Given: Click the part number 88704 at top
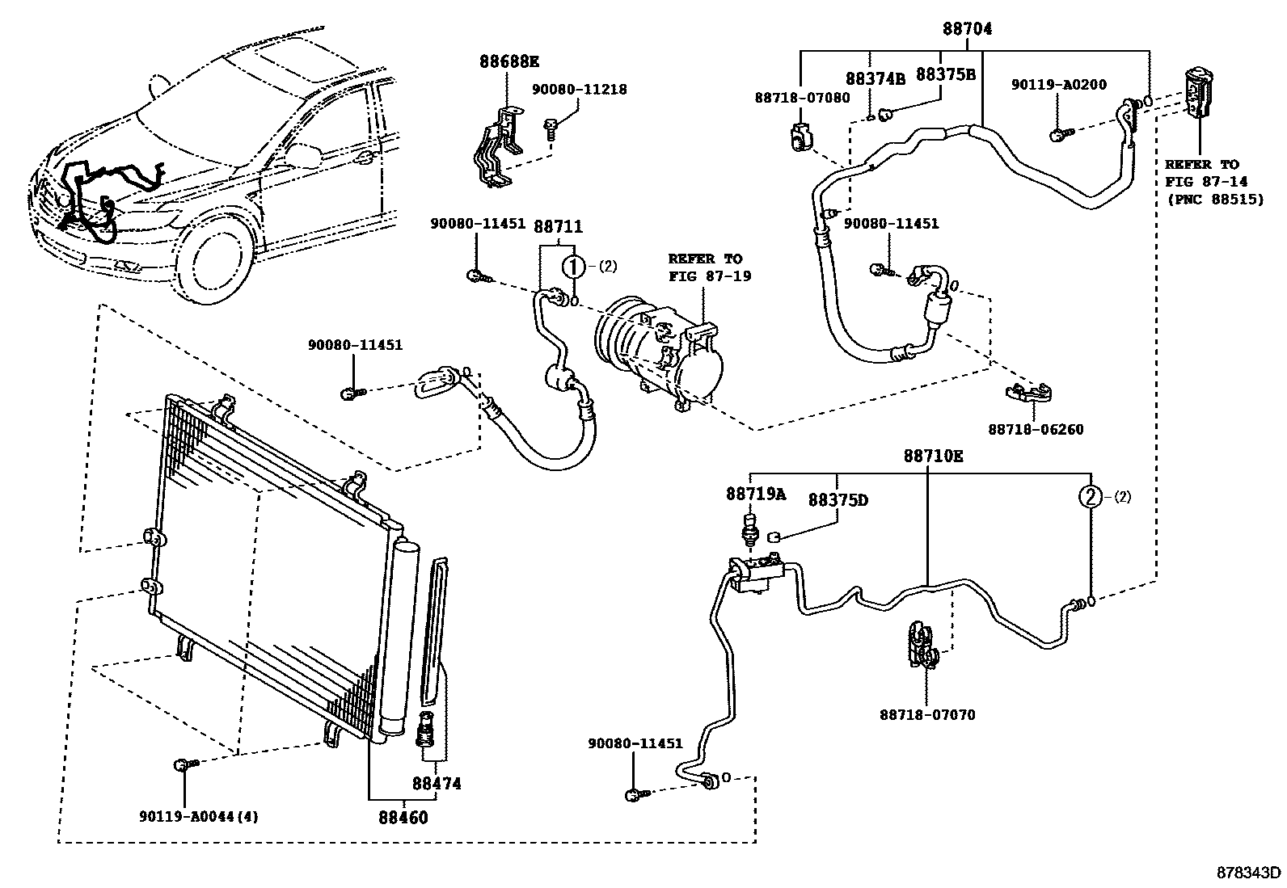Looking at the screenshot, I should pyautogui.click(x=967, y=29).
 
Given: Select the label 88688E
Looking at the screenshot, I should pyautogui.click(x=508, y=61).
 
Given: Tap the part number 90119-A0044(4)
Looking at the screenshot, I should pyautogui.click(x=197, y=816).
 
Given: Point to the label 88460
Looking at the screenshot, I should pyautogui.click(x=403, y=817).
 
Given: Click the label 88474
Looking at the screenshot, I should pyautogui.click(x=437, y=783).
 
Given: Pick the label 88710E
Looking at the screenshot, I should pyautogui.click(x=934, y=456).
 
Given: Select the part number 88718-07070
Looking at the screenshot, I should pyautogui.click(x=927, y=714).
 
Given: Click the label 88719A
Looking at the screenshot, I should pyautogui.click(x=755, y=494).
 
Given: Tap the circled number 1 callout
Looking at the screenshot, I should pyautogui.click(x=573, y=265).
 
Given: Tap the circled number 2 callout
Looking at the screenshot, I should pyautogui.click(x=1091, y=497).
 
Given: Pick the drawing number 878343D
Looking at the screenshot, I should pyautogui.click(x=1250, y=873).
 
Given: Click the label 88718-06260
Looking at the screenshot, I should pyautogui.click(x=1035, y=430).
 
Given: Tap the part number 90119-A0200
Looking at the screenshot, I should pyautogui.click(x=1059, y=84).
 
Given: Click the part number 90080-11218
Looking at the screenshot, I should pyautogui.click(x=579, y=90).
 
